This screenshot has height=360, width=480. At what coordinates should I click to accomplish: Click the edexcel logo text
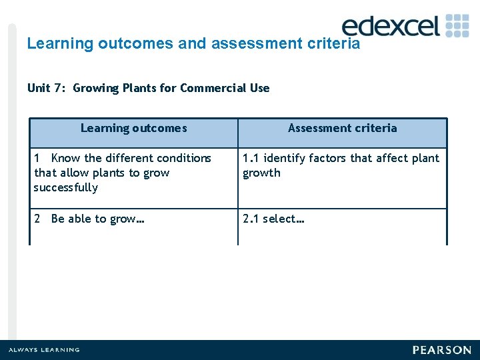pyautogui.click(x=391, y=26)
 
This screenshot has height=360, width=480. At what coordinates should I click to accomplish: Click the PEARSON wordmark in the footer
pyautogui.click(x=441, y=350)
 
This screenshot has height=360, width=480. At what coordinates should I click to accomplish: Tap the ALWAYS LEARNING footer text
pyautogui.click(x=44, y=350)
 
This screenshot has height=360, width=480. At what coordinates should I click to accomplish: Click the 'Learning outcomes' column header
pyautogui.click(x=133, y=128)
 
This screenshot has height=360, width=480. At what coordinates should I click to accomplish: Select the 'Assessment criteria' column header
pyautogui.click(x=342, y=128)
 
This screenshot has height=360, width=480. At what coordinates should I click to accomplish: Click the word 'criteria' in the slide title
pyautogui.click(x=335, y=44)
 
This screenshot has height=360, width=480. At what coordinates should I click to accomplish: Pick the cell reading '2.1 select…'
pyautogui.click(x=273, y=219)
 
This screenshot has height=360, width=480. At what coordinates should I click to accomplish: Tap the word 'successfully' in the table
pyautogui.click(x=66, y=187)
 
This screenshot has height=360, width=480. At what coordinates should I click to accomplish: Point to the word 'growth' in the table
pyautogui.click(x=261, y=173)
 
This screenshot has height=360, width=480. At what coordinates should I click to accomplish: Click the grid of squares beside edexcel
pyautogui.click(x=457, y=25)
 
